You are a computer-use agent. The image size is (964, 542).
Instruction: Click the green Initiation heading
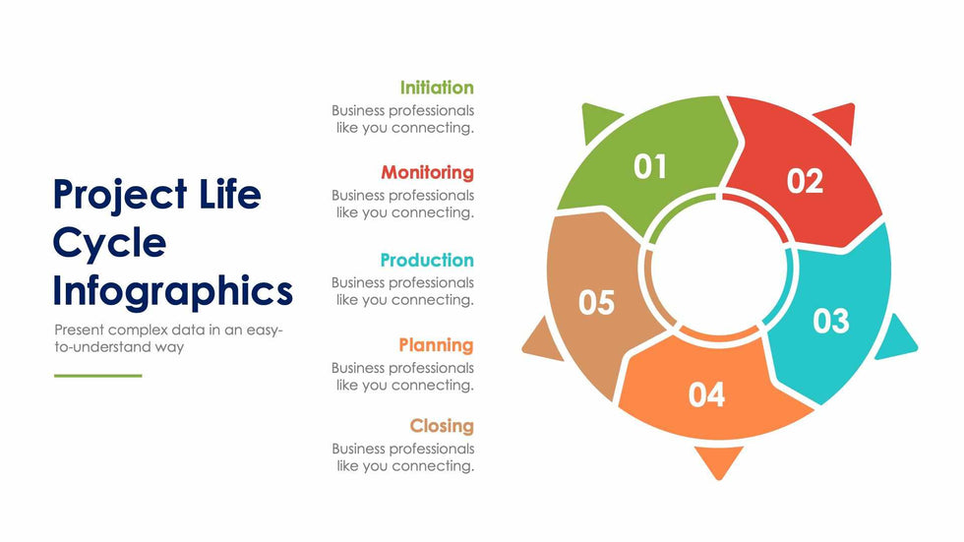pos(437,88)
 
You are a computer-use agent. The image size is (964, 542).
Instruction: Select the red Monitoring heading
pos(427,173)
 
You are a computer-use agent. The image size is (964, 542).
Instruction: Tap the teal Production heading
pos(427,260)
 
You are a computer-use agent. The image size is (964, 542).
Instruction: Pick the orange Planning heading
pos(436,345)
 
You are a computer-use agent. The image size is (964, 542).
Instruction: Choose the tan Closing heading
pos(442,426)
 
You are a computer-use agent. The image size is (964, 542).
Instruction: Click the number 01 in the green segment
pos(650,166)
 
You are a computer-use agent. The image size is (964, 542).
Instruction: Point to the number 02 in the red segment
pos(805,181)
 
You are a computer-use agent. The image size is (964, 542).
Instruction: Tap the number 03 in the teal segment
pos(831,321)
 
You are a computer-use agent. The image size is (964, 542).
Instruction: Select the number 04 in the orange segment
pos(706,395)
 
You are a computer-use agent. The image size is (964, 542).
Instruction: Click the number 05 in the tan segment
pos(596,302)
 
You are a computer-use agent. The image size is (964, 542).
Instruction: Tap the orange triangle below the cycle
pos(719,459)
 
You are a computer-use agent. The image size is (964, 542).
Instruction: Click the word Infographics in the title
pos(173,291)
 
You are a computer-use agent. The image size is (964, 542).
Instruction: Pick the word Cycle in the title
pos(109,243)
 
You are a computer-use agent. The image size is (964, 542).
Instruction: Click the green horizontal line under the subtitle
pos(97,376)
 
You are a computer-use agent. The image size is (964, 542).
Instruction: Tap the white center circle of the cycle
pos(718,268)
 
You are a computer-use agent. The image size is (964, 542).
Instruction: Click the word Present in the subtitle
pos(79,330)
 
